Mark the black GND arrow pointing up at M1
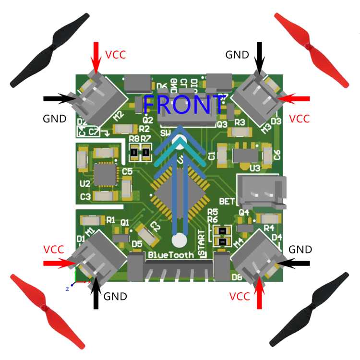coord(96,292)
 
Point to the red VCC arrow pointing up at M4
coord(260,292)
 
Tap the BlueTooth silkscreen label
coord(171,254)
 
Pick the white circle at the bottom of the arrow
coord(180,240)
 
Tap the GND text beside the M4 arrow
coord(300,250)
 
